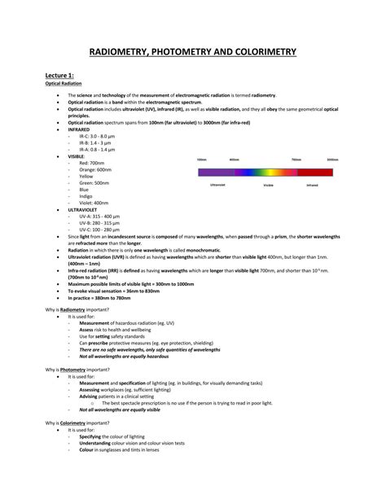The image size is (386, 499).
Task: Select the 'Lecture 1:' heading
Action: (60, 76)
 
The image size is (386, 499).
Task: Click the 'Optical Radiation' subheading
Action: (62, 83)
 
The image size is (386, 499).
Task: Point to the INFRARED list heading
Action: (81, 129)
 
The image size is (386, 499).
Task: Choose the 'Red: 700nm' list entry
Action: (91, 163)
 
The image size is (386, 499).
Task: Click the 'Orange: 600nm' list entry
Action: (95, 169)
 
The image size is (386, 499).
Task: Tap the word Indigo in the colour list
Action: (86, 196)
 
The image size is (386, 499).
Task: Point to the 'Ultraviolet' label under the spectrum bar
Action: (217, 185)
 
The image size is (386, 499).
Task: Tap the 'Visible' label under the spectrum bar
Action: (268, 186)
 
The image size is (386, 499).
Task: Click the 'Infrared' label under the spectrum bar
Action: (313, 185)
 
